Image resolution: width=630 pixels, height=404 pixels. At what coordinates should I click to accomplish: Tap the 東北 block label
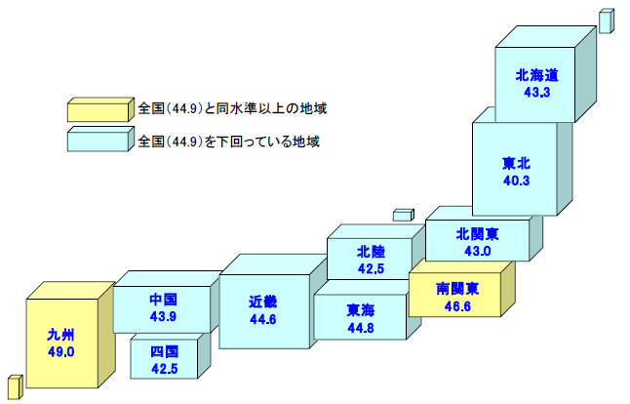tap(517, 162)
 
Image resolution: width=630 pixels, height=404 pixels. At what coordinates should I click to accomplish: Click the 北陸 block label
tap(371, 251)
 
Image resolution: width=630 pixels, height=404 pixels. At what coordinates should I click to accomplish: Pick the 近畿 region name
tap(263, 302)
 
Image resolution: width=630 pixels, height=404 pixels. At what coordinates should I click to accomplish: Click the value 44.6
tap(263, 318)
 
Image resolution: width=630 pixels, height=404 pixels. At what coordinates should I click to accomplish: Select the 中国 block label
tap(163, 298)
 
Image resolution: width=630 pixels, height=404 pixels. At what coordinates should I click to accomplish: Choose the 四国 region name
tap(165, 351)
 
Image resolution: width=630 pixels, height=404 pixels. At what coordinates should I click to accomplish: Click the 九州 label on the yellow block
tap(60, 334)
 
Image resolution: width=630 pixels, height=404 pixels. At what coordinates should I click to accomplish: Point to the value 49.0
tap(60, 351)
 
